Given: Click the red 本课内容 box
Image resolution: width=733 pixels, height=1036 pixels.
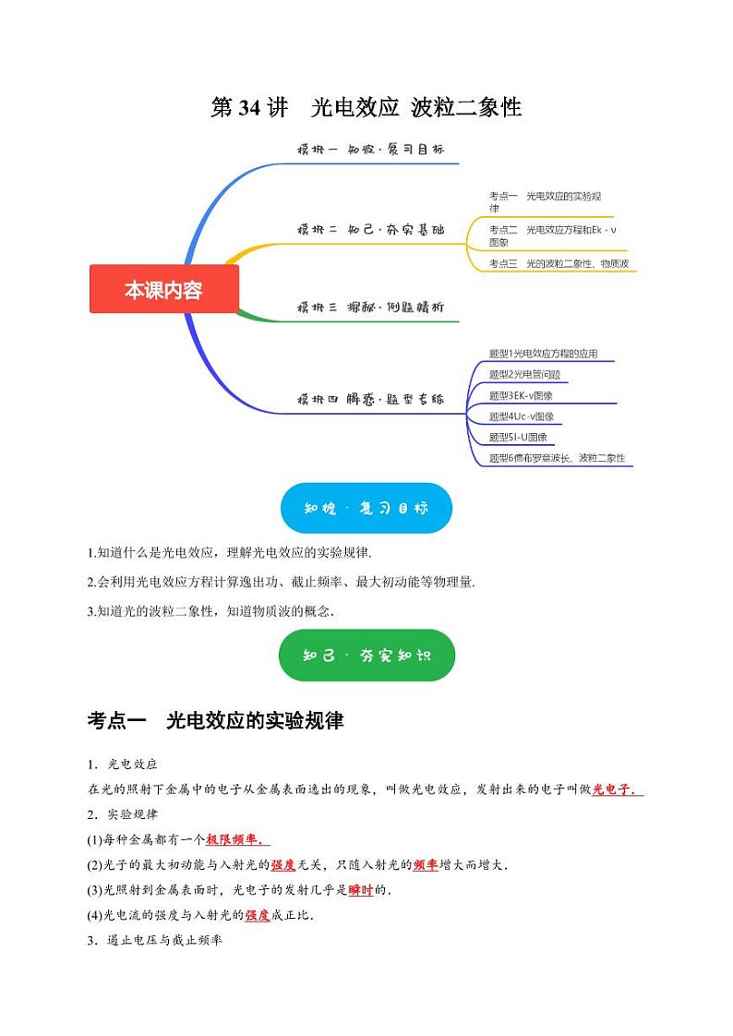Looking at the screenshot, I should [x=163, y=289].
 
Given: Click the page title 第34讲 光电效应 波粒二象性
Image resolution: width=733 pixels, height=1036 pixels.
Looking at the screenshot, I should [x=366, y=108].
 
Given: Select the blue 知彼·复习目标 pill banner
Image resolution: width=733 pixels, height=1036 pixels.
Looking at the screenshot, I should [x=366, y=508].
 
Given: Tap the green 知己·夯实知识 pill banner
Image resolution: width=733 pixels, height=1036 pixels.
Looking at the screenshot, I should [x=366, y=656].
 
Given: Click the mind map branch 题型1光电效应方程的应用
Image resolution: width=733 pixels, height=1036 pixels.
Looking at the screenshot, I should [x=549, y=354].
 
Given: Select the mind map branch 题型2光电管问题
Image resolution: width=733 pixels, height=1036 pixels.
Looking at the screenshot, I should [x=524, y=374].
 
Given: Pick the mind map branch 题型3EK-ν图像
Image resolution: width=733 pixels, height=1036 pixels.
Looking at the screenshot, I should [x=521, y=395].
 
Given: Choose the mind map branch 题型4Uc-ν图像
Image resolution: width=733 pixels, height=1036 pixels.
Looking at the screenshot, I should [x=521, y=416].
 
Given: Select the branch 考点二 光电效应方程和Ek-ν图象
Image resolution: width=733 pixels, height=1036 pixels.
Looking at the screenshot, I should [x=552, y=235].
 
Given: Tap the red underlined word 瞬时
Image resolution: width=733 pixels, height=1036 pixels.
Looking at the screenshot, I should [x=360, y=890].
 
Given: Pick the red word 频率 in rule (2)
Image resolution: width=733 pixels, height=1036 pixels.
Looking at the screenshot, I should [x=425, y=865].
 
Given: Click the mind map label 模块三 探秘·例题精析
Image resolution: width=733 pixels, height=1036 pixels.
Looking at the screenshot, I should [x=370, y=307].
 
